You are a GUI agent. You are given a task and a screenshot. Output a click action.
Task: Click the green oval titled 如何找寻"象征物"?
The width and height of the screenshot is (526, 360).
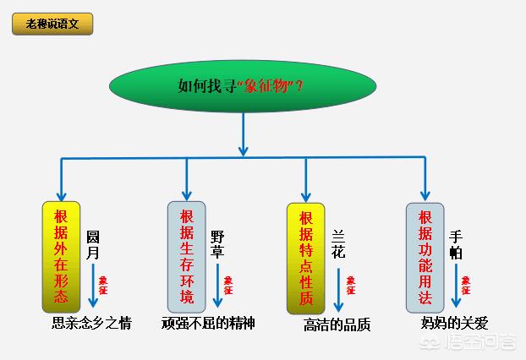click(x=243, y=85)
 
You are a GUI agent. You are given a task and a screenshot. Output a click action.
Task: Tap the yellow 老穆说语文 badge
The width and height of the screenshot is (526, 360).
click(x=52, y=24)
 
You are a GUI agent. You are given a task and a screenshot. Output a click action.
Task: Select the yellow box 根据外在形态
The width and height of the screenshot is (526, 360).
click(x=61, y=256)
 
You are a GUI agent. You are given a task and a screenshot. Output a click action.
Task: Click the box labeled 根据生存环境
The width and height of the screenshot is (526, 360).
click(x=187, y=256)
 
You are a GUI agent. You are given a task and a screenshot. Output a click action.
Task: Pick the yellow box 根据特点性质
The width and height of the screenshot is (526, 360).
click(x=306, y=256)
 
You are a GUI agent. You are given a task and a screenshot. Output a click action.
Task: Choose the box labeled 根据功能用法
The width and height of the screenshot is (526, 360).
click(x=425, y=256)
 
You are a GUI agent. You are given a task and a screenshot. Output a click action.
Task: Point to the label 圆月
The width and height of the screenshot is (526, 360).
click(x=93, y=244)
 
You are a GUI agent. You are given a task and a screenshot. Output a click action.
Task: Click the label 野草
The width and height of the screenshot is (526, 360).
click(x=218, y=244)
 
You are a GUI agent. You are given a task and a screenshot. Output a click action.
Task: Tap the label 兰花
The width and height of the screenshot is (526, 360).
click(x=338, y=244)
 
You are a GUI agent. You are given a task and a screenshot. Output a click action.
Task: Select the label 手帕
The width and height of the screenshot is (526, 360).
click(x=457, y=244)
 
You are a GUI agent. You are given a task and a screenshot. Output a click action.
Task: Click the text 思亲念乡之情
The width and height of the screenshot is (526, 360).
click(x=92, y=323)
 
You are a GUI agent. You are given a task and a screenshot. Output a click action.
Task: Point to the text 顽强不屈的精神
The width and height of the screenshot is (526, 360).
click(x=208, y=323)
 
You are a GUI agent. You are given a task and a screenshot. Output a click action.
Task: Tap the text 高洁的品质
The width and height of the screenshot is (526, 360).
click(x=337, y=325)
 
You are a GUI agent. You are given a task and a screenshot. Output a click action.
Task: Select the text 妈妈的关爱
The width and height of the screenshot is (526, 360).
click(x=455, y=323)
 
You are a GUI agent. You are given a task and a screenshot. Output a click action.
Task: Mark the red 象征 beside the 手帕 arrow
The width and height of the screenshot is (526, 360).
click(x=466, y=285)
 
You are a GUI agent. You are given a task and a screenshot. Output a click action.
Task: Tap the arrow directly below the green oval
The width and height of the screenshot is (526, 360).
click(x=244, y=134)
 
